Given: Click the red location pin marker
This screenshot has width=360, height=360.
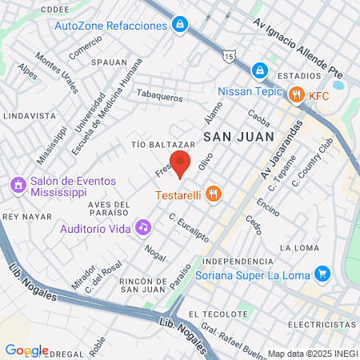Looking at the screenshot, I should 181,162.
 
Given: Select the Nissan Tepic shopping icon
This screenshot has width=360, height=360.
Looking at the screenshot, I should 259,70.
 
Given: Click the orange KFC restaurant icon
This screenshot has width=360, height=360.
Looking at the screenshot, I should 297,95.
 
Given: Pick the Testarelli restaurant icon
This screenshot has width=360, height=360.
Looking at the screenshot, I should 213,193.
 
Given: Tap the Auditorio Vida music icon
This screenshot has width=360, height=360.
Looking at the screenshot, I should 143,227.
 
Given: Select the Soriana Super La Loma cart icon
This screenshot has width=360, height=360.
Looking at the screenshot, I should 322,274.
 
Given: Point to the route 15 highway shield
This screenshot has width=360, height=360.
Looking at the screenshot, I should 230,57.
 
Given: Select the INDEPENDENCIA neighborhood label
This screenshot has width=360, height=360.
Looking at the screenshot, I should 237,262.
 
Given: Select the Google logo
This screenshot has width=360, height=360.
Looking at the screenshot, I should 26,350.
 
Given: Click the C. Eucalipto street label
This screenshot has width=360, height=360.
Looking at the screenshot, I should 189,226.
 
